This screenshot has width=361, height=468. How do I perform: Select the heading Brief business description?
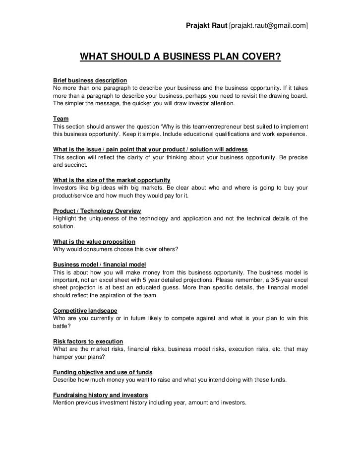(90, 80)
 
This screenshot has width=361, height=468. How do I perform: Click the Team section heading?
(60, 119)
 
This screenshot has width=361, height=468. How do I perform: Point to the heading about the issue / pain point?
(150, 150)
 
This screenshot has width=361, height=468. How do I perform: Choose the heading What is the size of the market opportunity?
(112, 180)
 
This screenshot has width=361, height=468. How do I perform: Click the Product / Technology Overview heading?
(97, 211)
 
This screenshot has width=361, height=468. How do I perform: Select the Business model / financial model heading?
(99, 265)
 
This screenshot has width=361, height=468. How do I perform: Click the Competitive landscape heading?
(85, 311)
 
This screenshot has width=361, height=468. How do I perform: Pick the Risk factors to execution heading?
(88, 341)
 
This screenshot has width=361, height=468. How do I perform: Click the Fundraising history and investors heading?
(100, 395)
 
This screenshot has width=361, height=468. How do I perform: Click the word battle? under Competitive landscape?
(62, 327)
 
